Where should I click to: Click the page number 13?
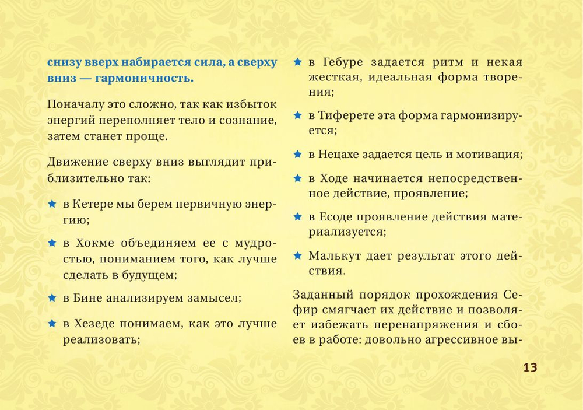coord(529,367)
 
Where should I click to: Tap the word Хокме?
coord(96,243)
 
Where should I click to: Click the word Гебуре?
coord(345,62)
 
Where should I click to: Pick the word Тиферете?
coord(352,115)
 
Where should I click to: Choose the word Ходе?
coord(335,178)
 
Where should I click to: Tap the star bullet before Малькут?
coord(297,255)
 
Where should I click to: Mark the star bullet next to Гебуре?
coord(297,62)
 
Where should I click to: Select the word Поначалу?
coord(75,104)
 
